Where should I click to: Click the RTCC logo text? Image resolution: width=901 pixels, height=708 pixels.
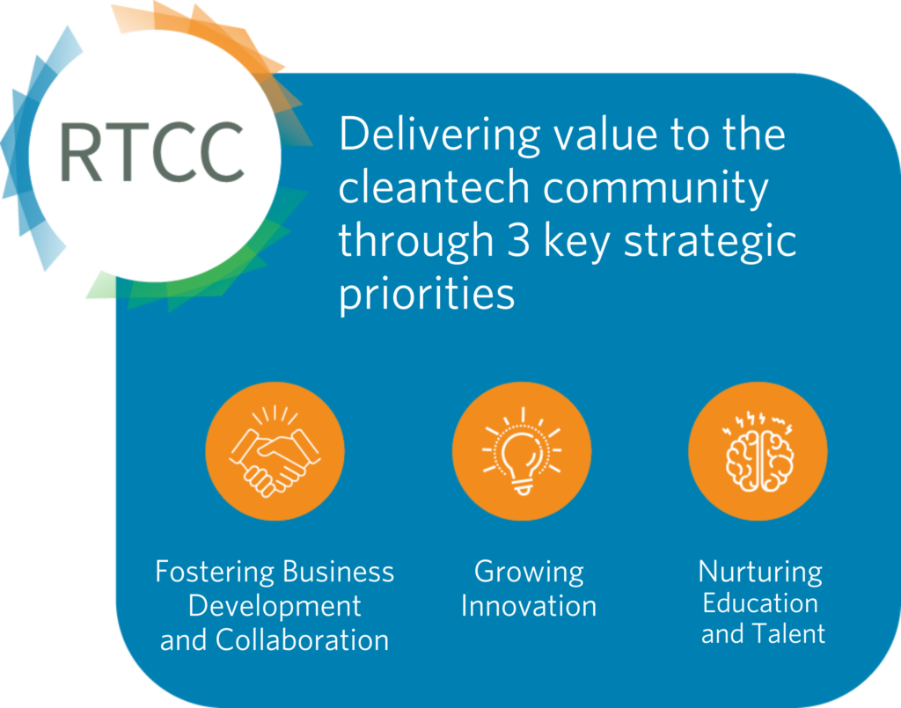151,151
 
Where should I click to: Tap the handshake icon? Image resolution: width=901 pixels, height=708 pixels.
275,451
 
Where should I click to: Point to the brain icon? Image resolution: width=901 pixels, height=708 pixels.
758,451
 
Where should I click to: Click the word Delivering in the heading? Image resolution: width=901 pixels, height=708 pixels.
440,135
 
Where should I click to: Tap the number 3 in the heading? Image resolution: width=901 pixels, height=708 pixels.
518,240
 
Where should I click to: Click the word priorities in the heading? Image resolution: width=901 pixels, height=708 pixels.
427,294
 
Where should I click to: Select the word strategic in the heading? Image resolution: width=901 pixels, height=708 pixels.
710,242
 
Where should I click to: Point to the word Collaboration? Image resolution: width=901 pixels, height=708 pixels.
303,640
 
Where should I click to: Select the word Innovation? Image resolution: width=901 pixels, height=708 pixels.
529,606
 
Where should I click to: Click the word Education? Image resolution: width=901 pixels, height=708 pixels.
760,603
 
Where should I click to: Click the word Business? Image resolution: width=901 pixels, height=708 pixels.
339,572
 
